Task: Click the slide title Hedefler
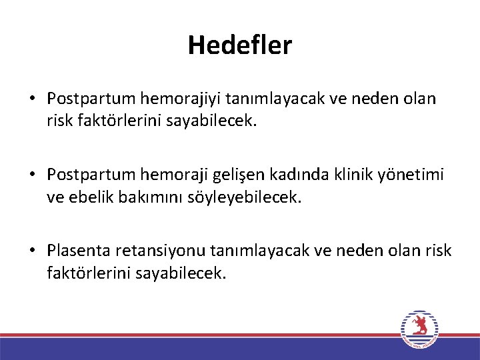pyautogui.click(x=240, y=45)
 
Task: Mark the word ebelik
pyautogui.click(x=93, y=197)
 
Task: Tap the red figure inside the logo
pyautogui.click(x=419, y=327)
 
